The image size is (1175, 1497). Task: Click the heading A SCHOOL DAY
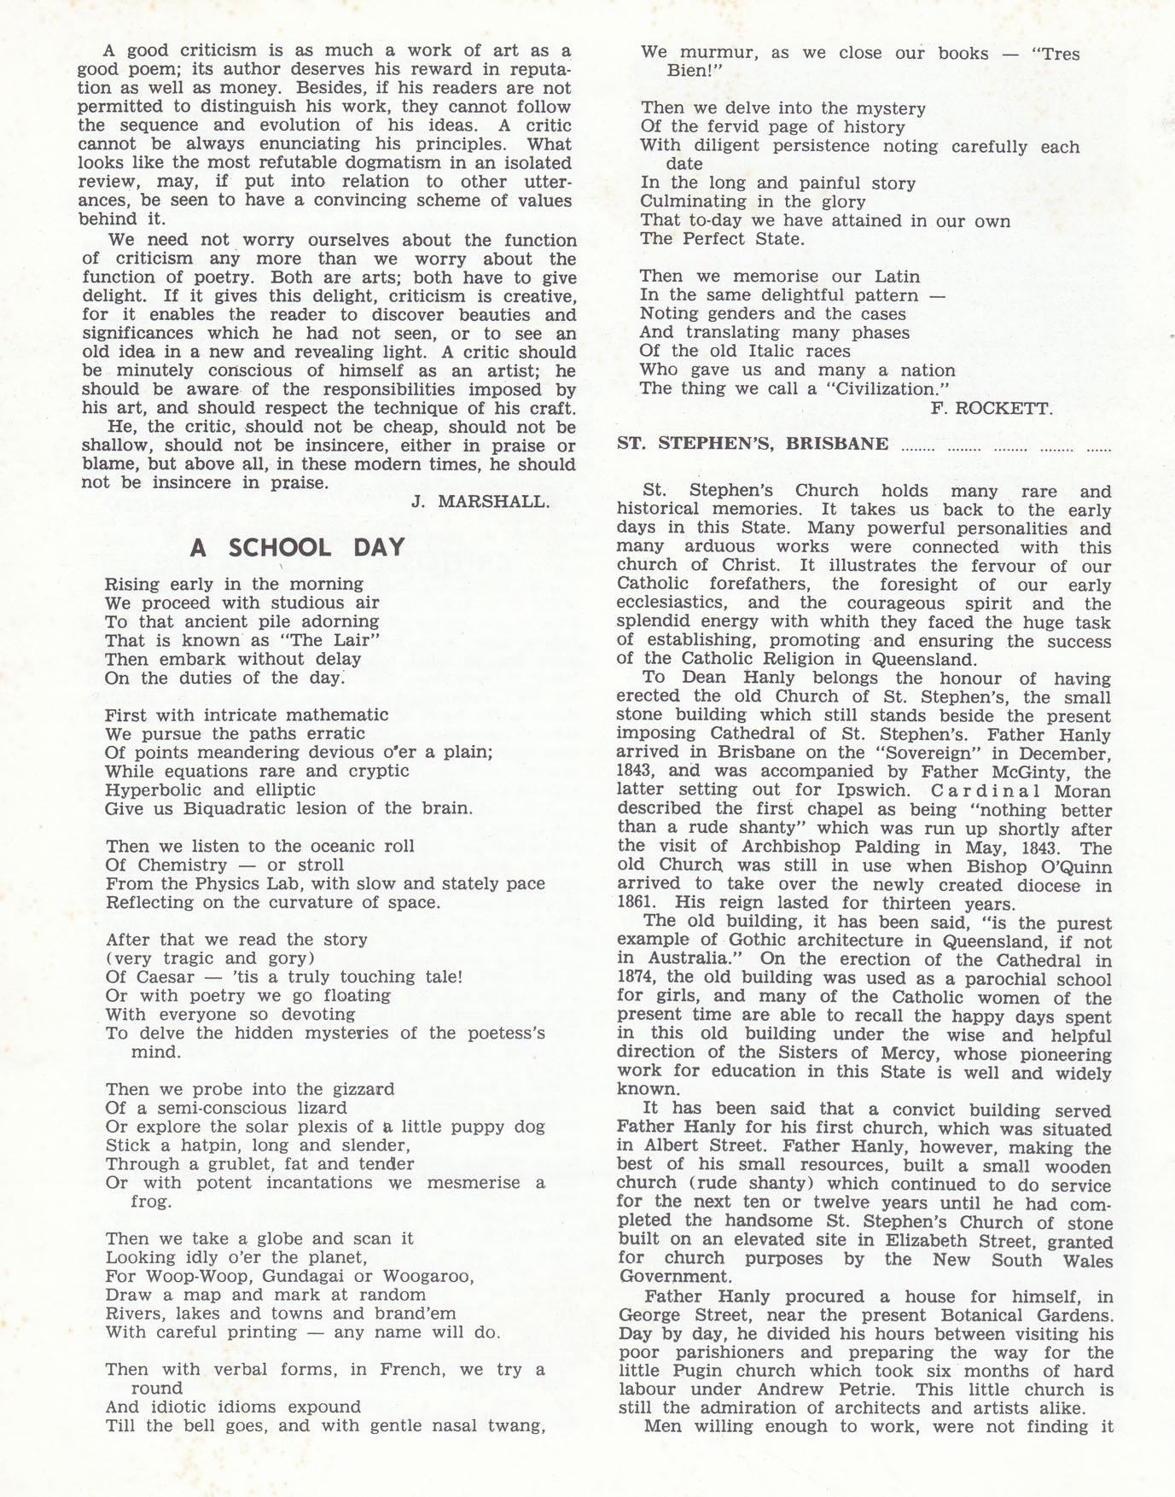pos(297,547)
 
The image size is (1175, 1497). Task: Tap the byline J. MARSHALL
pos(480,502)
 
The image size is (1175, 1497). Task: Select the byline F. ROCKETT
pos(992,409)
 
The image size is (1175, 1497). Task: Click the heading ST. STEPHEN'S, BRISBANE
pos(752,444)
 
